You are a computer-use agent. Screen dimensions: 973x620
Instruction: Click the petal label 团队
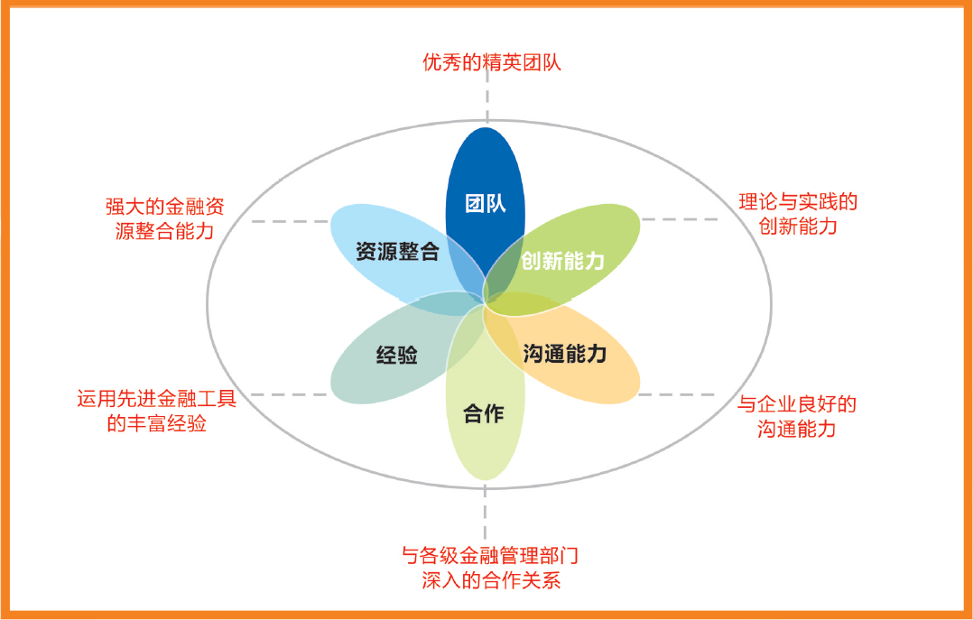tap(486, 204)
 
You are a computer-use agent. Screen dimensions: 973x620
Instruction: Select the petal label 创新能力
tap(562, 261)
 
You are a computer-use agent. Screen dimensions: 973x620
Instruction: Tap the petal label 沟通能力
tap(564, 354)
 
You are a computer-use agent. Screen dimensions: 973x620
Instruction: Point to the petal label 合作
tap(484, 414)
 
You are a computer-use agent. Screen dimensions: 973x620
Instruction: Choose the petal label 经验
tap(397, 355)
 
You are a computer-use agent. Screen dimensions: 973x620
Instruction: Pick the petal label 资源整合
tap(398, 252)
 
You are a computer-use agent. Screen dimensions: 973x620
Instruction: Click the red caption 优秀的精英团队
tap(491, 62)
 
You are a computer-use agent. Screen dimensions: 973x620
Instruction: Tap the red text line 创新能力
tap(798, 226)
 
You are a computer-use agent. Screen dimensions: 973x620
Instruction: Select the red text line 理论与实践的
tap(797, 202)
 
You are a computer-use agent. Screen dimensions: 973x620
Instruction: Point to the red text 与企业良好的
tap(797, 404)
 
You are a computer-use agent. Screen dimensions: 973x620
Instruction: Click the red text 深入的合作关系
tap(491, 581)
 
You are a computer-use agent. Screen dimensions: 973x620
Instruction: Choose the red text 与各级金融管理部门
tap(490, 555)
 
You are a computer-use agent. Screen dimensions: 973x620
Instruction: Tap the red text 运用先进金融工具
tap(157, 398)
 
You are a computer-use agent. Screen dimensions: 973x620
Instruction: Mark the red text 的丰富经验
tap(157, 424)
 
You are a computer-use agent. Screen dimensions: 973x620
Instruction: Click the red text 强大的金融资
tap(164, 207)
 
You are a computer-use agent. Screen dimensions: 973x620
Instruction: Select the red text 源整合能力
tap(164, 231)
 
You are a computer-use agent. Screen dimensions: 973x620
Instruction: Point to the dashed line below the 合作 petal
tap(485, 513)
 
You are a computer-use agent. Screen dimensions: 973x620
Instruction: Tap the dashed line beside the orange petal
tap(677, 394)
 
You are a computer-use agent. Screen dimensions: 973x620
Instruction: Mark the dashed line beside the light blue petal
tap(290, 221)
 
